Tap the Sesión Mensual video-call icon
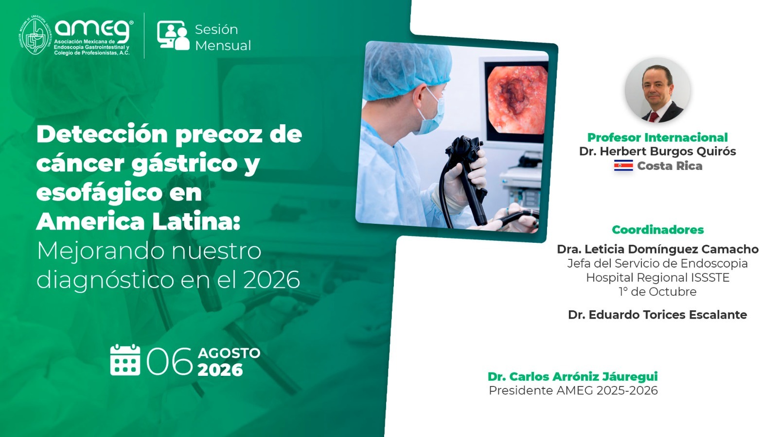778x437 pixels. pos(173,35)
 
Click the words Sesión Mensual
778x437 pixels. pos(223,37)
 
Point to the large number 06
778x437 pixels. pos(170,361)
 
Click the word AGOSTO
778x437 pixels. pos(229,353)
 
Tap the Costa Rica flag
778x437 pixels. pos(623,166)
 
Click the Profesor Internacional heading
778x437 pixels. pos(657,137)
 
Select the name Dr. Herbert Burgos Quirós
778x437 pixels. pos(657,151)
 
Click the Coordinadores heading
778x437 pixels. pos(658,230)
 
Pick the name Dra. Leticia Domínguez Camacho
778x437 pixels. pos(658,249)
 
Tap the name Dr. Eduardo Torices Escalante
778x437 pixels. pos(658,315)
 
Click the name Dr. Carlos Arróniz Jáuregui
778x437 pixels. pos(573,377)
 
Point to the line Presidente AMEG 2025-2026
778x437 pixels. pos(573,390)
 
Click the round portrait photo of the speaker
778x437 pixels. pos(657,90)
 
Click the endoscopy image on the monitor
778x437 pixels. pos(517,100)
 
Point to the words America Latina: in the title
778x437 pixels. pos(138,221)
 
